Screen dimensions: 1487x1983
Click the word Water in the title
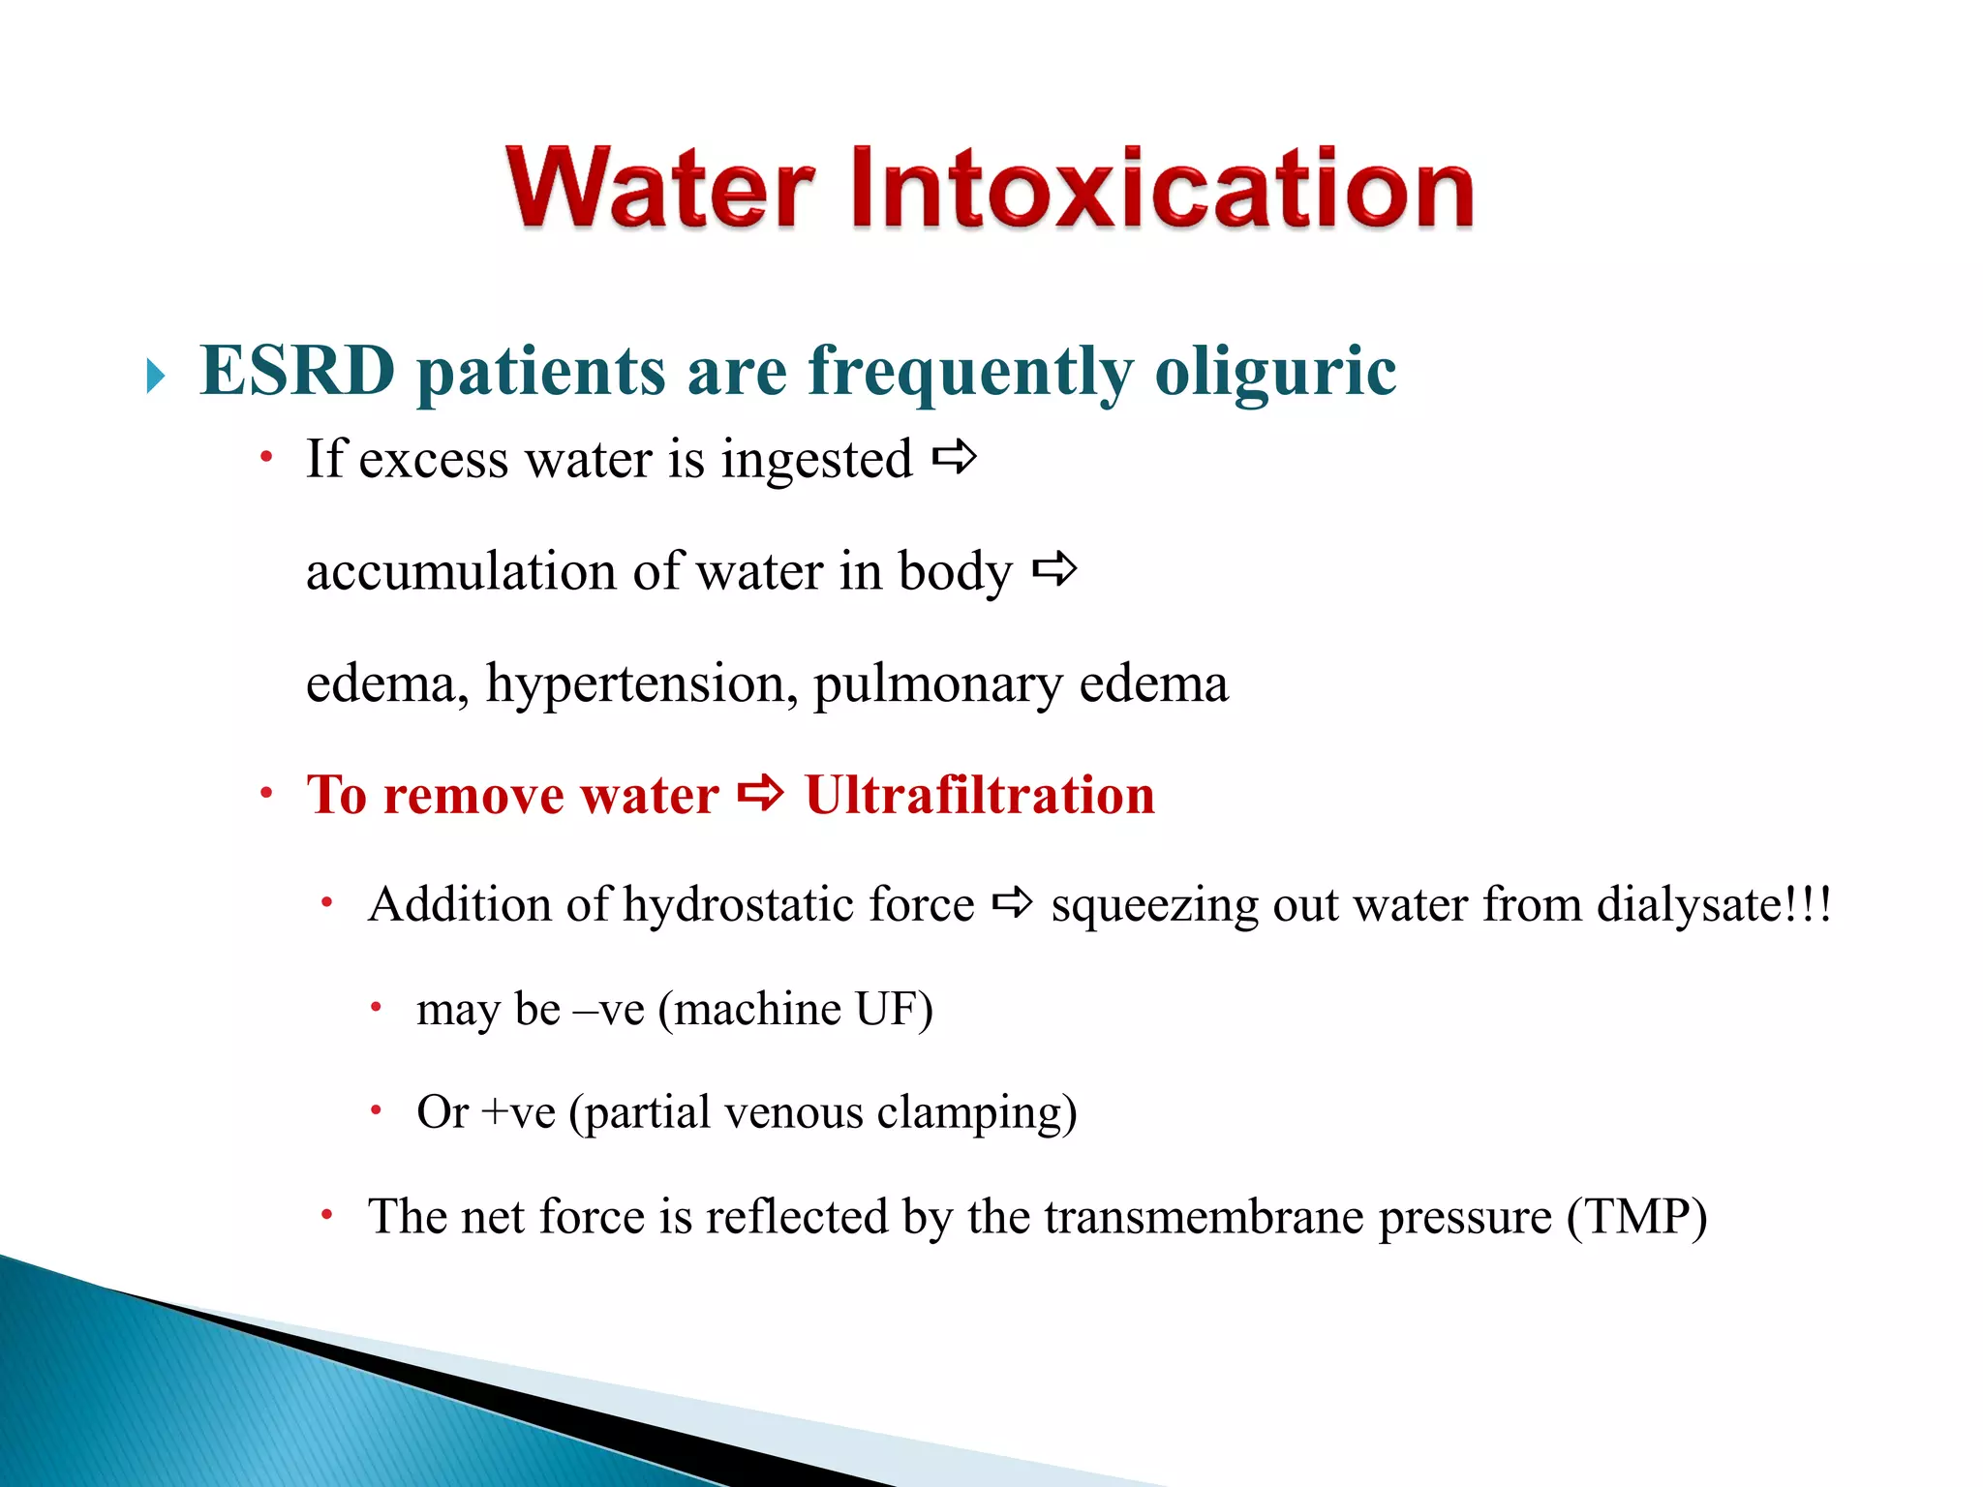click(660, 188)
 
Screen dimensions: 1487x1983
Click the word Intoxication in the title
click(1162, 188)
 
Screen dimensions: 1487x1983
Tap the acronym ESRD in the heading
click(297, 371)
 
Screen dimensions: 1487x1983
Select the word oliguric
click(1275, 373)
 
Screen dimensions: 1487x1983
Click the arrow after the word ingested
click(954, 457)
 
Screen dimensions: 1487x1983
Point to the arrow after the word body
click(1054, 569)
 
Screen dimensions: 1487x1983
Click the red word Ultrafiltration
click(980, 796)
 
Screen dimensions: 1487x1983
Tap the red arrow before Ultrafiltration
click(760, 794)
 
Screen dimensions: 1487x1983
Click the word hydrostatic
click(737, 905)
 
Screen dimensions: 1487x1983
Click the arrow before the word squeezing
click(1013, 904)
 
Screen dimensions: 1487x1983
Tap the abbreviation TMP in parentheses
click(1636, 1217)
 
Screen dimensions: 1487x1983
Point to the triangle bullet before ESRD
click(156, 376)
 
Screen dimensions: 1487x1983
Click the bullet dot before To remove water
click(267, 796)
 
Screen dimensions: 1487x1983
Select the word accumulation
click(461, 571)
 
